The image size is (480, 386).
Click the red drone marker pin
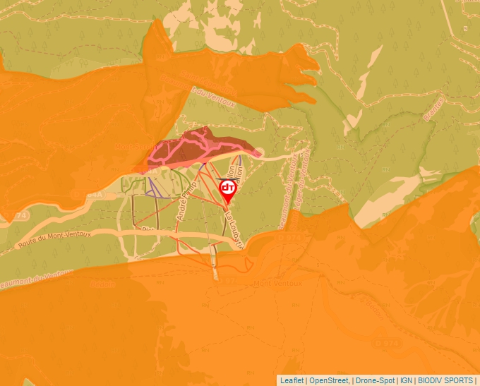[x=228, y=189]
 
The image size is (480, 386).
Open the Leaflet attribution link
[x=292, y=380]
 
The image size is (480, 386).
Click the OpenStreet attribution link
[x=329, y=380]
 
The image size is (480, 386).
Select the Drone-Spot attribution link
[x=374, y=380]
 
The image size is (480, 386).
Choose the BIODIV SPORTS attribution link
[x=445, y=380]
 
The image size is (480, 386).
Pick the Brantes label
[x=433, y=110]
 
